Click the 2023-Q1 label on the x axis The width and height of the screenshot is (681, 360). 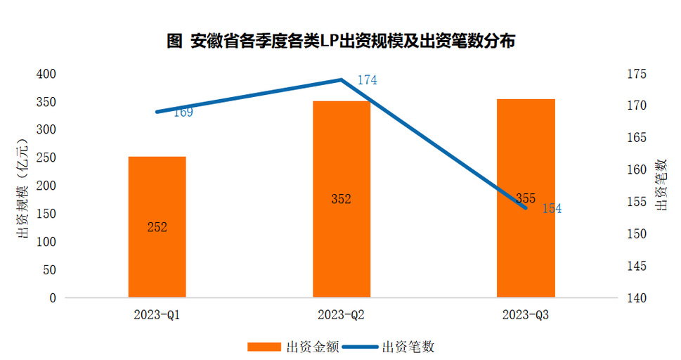pyautogui.click(x=157, y=314)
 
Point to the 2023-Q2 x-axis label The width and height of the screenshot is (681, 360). pyautogui.click(x=341, y=314)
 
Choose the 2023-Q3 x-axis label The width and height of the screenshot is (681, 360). pyautogui.click(x=525, y=314)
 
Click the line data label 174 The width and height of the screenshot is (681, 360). pyautogui.click(x=367, y=80)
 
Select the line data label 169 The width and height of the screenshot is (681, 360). pyautogui.click(x=183, y=112)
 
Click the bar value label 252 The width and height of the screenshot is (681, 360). pyautogui.click(x=157, y=227)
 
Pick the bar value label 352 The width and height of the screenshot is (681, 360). pyautogui.click(x=341, y=199)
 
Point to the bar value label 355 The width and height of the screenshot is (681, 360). pyautogui.click(x=525, y=198)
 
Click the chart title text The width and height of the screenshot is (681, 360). pyautogui.click(x=341, y=41)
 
